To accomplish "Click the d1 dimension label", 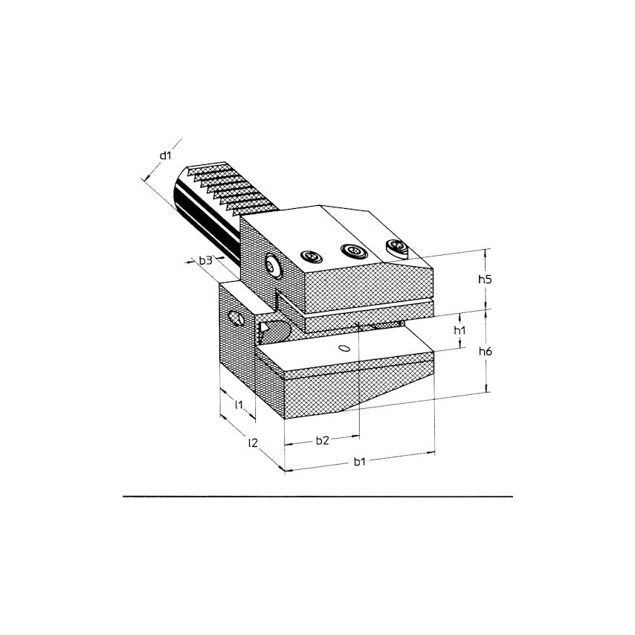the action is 165,155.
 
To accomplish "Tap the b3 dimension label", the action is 206,260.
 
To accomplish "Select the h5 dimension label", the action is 485,279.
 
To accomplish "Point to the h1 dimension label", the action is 460,330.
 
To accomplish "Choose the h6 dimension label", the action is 485,351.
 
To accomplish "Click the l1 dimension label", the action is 239,404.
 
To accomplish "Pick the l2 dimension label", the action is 253,442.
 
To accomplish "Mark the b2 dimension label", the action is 323,441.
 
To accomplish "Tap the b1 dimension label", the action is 360,462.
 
